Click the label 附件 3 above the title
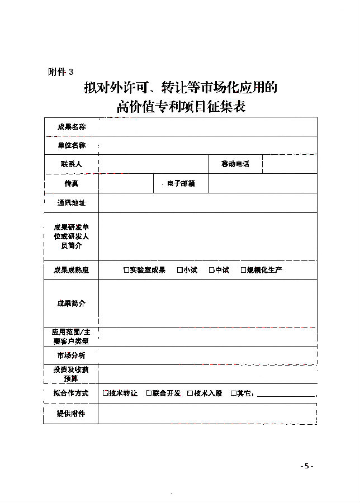(x=60, y=72)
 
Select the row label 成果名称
(x=71, y=127)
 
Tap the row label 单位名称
(x=71, y=145)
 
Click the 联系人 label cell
(x=71, y=164)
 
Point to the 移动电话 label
(x=235, y=164)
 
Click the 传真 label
(x=71, y=183)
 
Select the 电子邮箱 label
(x=181, y=183)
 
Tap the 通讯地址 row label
(x=71, y=203)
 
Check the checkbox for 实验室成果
(x=126, y=271)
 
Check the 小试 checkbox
(x=180, y=271)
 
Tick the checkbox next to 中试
(x=212, y=271)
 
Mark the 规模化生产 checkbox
(x=243, y=271)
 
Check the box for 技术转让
(x=106, y=393)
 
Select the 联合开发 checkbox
(x=149, y=393)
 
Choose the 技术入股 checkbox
(x=190, y=393)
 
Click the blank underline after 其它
(x=285, y=395)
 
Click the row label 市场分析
(x=71, y=355)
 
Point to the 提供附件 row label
(x=71, y=414)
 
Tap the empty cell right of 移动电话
(x=290, y=164)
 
